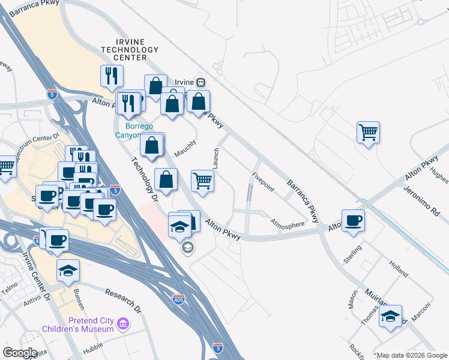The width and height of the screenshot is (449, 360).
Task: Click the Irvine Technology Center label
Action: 124,49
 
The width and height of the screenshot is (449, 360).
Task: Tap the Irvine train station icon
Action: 201,82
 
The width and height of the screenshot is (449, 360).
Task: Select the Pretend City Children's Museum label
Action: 78,325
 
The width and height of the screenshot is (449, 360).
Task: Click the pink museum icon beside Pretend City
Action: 124,325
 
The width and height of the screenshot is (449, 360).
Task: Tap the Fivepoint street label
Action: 263,182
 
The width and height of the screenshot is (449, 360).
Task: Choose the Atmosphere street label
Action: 287,224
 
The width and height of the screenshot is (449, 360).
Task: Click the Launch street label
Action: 215,158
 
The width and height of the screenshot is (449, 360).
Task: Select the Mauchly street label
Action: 185,149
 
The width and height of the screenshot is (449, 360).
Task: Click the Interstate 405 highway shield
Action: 178,298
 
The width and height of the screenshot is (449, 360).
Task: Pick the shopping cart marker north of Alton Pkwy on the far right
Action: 368,132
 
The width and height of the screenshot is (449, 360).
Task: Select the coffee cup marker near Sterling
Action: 353,219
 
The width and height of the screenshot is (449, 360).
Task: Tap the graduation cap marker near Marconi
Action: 391,316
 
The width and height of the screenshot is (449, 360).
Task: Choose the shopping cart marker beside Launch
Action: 203,180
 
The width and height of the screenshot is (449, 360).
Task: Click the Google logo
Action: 20,352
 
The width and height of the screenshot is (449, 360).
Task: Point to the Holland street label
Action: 398,268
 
